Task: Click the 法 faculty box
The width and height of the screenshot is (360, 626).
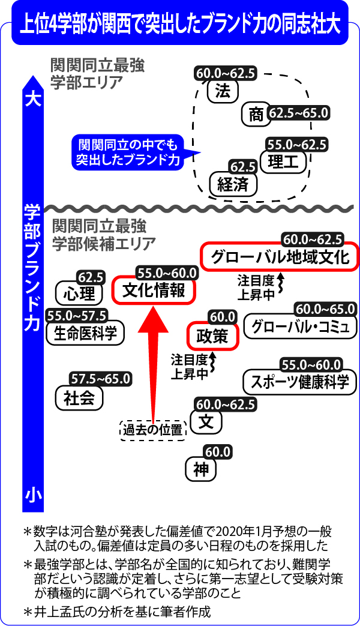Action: tap(223, 91)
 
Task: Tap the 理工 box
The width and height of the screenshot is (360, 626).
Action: tap(284, 161)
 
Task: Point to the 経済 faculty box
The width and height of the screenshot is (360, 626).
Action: tap(233, 184)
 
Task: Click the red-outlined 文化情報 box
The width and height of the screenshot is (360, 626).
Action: tap(154, 290)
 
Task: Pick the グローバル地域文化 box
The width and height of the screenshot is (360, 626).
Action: tap(280, 257)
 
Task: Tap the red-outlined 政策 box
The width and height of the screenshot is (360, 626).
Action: tap(212, 336)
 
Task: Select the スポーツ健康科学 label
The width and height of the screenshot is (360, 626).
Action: tap(299, 382)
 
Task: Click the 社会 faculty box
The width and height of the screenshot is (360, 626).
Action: tap(79, 398)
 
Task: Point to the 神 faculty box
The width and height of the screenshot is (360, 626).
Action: tap(201, 469)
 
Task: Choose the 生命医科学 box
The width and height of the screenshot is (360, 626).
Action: tap(85, 333)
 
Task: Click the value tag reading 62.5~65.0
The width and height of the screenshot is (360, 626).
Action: tap(298, 113)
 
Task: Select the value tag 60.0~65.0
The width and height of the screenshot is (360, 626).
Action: tap(325, 308)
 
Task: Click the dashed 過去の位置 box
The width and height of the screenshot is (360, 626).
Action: tap(153, 430)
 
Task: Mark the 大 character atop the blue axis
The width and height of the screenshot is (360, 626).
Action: tap(33, 99)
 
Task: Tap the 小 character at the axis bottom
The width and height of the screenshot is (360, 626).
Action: tap(33, 495)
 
